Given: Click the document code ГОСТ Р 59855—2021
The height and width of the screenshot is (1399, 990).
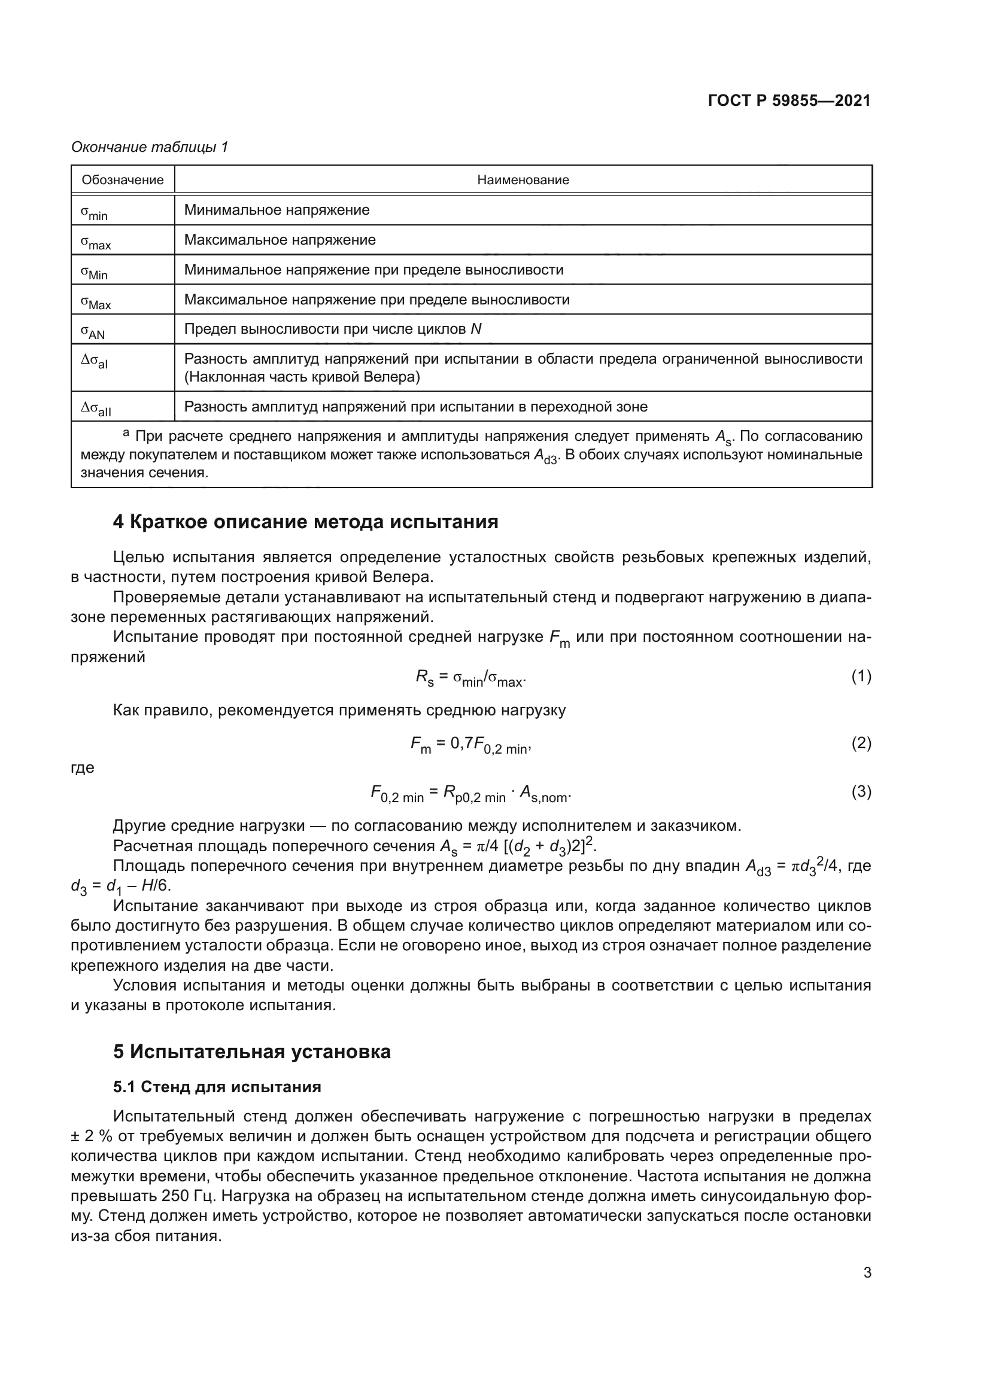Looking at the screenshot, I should pos(789,100).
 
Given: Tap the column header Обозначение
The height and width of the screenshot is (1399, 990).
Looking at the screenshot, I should pos(123,180).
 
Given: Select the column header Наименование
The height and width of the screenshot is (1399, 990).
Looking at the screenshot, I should pos(523,180).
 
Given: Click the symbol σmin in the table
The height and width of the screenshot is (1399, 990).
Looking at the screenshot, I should pos(94,212).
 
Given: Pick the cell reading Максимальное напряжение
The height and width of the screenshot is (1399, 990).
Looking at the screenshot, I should pos(280,239).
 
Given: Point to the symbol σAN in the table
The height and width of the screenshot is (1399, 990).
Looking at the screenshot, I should pos(93,331).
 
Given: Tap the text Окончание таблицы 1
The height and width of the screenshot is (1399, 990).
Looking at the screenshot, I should pos(150,147).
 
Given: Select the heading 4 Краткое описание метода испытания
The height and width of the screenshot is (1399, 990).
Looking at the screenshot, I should pos(305,522).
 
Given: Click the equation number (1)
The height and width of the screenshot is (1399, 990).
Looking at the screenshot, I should pos(861,676).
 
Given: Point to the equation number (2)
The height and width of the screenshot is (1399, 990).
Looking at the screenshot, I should pos(861,743).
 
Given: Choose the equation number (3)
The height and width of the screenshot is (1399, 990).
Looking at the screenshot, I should pos(861,791).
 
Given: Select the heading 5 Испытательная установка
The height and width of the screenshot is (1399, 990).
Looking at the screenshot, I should pos(252,1051).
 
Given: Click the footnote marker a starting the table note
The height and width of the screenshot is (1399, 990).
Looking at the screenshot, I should pos(126,433).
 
